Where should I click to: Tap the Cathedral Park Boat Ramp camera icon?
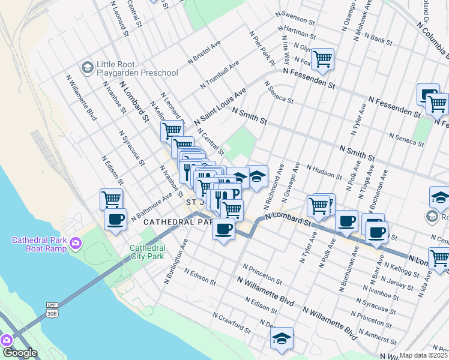pos(76,243)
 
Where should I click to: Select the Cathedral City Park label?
pos(148,252)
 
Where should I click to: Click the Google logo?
pos(20,353)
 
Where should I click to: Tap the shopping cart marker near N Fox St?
pos(323,59)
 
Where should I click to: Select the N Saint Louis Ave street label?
pos(221,107)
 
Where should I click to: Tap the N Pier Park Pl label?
pos(262,47)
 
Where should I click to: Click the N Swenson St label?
pos(295,17)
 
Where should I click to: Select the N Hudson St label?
pos(324,172)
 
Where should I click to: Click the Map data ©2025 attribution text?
pos(424,355)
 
